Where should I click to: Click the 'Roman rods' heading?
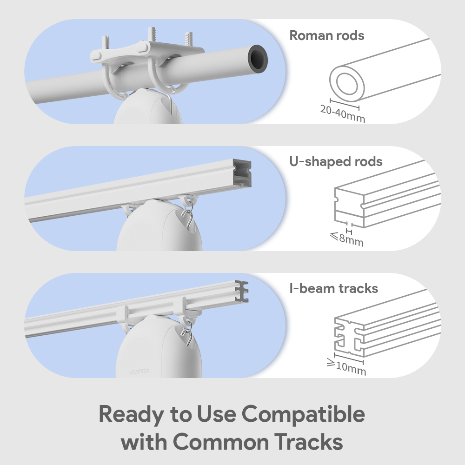tap(326, 36)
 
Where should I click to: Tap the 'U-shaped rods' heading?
tap(336, 162)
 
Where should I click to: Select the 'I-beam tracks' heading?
tap(333, 288)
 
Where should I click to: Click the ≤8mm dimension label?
tap(347, 239)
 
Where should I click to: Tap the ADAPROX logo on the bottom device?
tap(139, 371)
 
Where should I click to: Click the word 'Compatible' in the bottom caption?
tap(303, 414)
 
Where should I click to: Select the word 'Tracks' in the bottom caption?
tap(308, 442)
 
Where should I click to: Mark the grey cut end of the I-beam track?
tap(242, 291)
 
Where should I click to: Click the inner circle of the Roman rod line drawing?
tap(347, 84)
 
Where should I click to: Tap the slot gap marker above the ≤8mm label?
tap(349, 232)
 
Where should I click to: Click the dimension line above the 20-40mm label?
tap(345, 104)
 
